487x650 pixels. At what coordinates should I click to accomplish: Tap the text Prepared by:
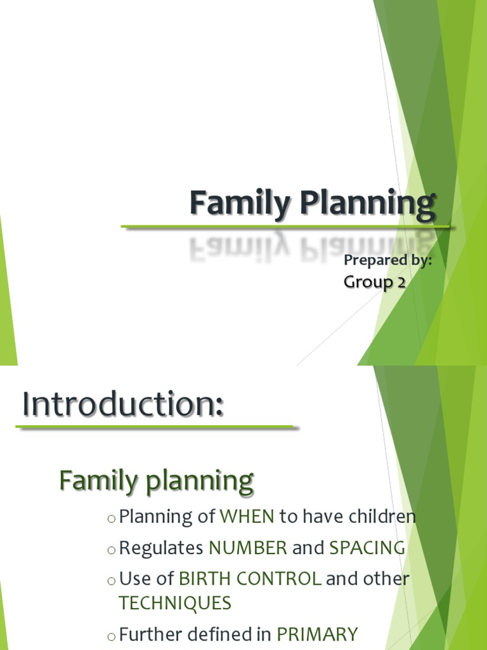(x=387, y=260)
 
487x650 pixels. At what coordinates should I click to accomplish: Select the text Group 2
(x=374, y=282)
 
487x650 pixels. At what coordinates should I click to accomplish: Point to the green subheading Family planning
(x=156, y=481)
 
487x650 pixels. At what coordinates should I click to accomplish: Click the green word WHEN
(x=247, y=517)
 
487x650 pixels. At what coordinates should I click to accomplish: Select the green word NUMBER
(x=248, y=548)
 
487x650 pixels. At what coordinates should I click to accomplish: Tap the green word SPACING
(x=367, y=548)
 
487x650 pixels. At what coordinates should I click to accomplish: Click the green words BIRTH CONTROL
(x=250, y=579)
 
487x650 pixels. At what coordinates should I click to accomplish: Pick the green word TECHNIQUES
(x=175, y=603)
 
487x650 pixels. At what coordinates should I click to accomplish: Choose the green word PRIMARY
(x=317, y=634)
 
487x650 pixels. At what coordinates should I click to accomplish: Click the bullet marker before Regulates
(x=112, y=550)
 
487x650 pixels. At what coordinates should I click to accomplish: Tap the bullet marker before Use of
(x=112, y=581)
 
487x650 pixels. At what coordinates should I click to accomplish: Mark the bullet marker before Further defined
(x=112, y=636)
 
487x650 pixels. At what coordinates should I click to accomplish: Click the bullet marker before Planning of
(x=112, y=519)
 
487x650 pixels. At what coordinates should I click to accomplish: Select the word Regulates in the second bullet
(x=161, y=548)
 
